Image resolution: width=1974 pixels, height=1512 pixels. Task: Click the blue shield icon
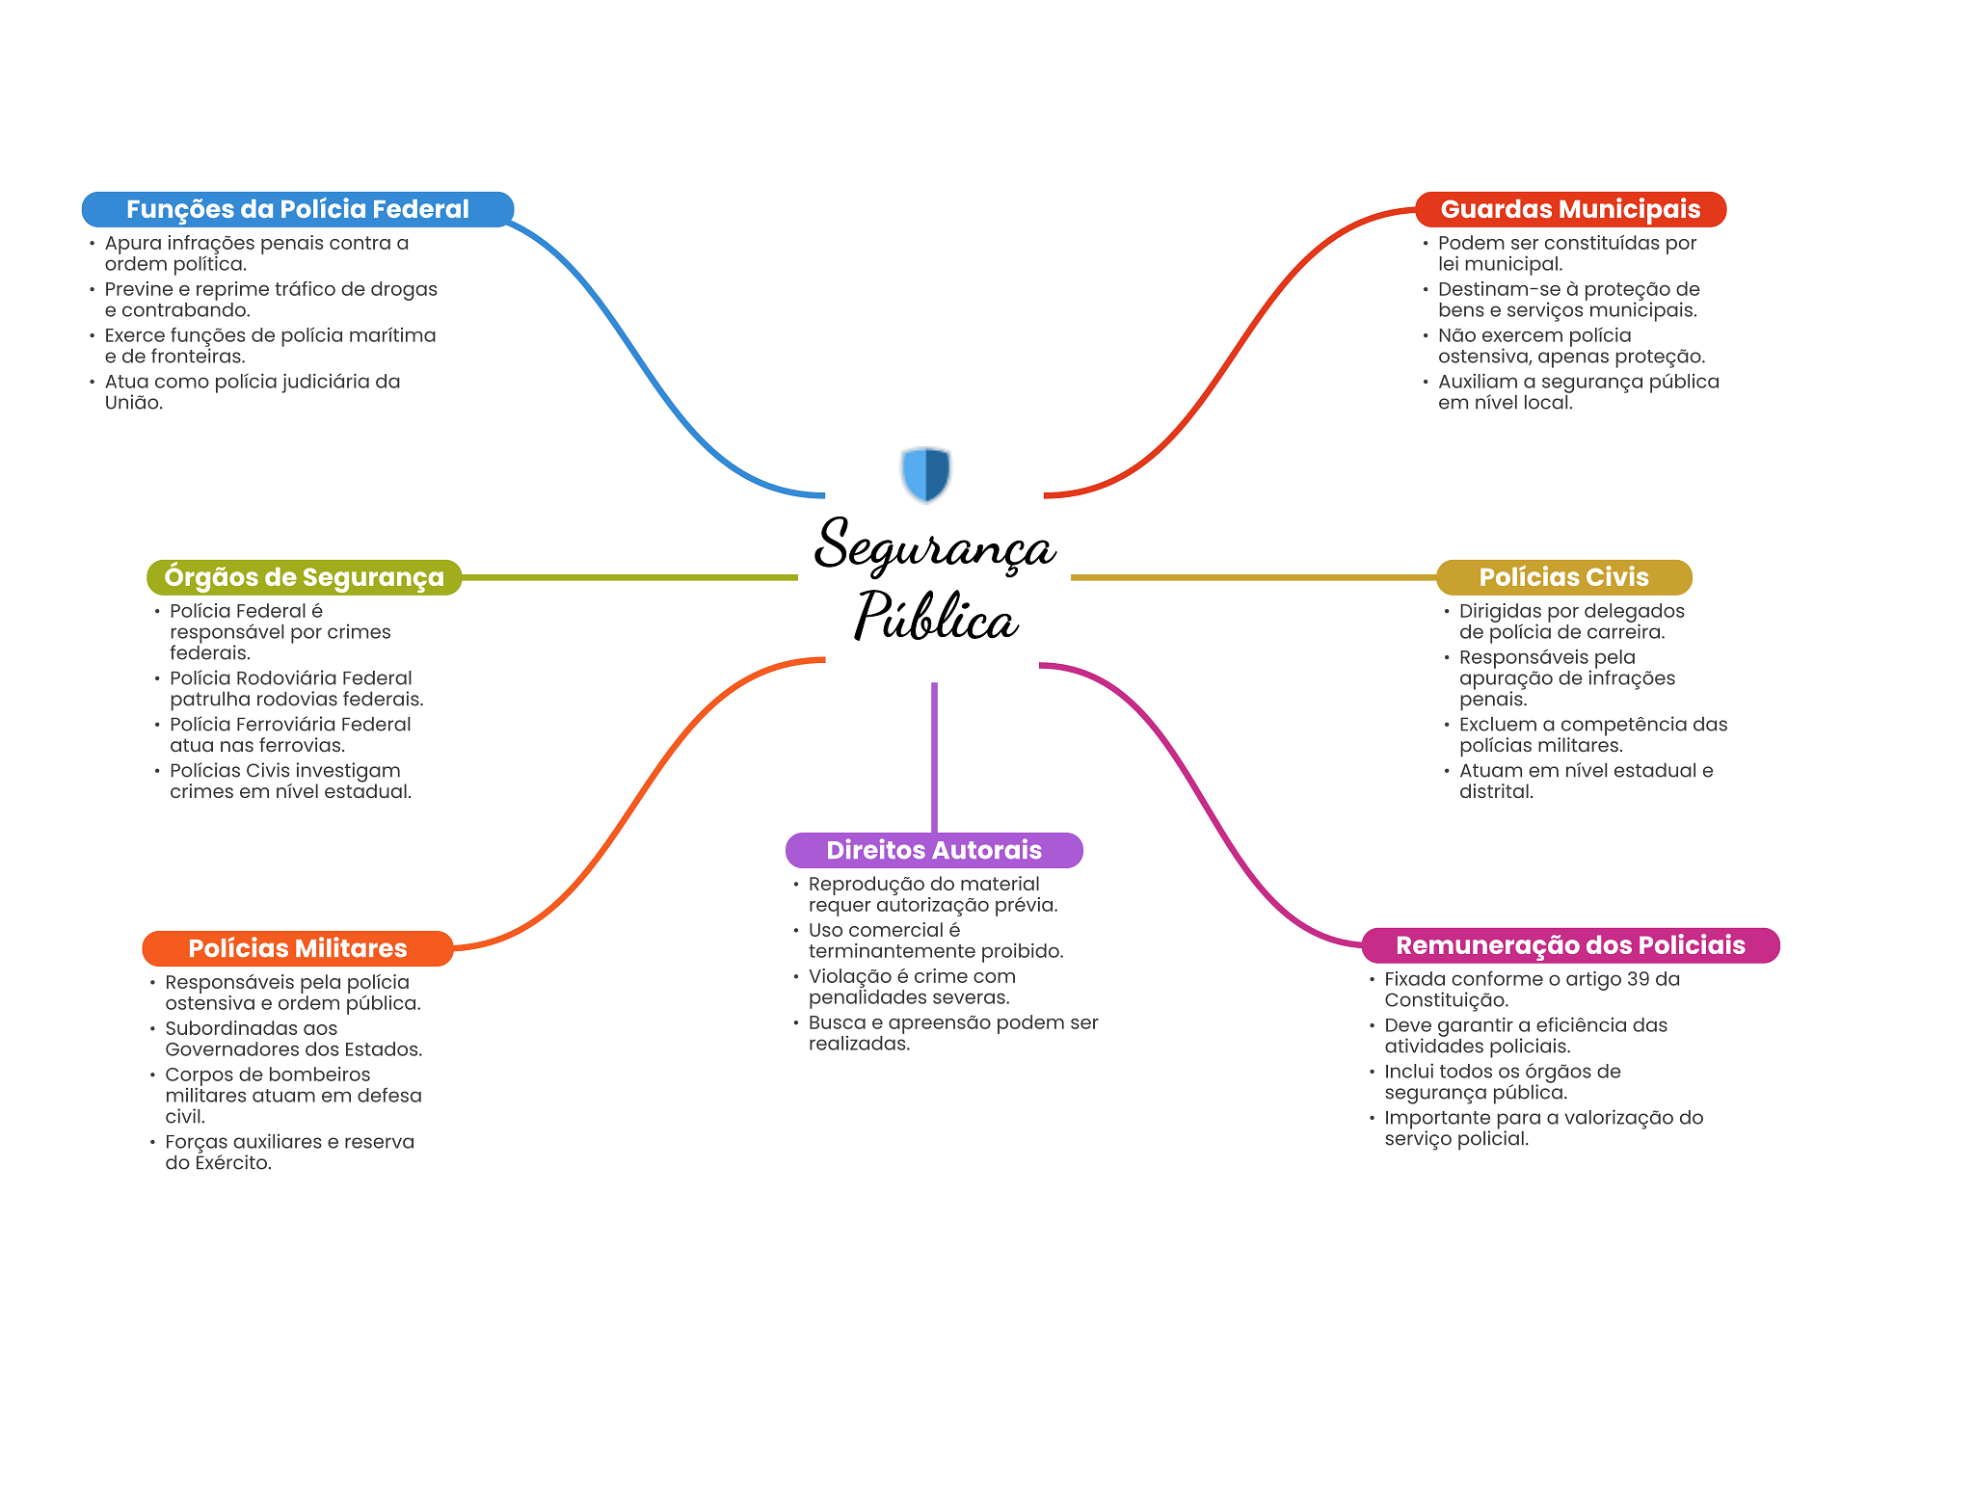tap(926, 473)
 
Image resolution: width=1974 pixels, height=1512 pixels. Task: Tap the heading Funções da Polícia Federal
tap(298, 209)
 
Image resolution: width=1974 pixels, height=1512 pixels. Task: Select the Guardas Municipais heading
tap(1570, 209)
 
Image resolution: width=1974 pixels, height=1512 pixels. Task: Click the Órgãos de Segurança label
tap(304, 577)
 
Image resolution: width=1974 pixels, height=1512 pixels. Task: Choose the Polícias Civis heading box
tap(1563, 577)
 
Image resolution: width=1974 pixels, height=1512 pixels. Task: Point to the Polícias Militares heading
tap(298, 948)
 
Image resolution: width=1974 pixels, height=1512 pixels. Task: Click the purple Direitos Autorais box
tap(934, 850)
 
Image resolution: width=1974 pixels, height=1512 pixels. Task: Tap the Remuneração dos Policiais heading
tap(1570, 945)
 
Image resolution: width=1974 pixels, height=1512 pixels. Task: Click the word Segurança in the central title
tap(935, 545)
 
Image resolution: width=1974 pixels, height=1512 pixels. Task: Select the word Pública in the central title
tap(936, 616)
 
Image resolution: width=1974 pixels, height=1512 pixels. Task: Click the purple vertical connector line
tap(934, 757)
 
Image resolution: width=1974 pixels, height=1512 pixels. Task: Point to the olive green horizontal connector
tap(629, 577)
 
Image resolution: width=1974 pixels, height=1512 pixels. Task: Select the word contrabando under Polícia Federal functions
tap(186, 310)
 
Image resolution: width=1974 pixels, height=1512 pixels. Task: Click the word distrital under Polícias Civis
tap(1496, 792)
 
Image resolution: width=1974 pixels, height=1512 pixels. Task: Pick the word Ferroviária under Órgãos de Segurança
tap(292, 725)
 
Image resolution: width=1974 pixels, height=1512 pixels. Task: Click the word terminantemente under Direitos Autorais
tap(892, 951)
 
